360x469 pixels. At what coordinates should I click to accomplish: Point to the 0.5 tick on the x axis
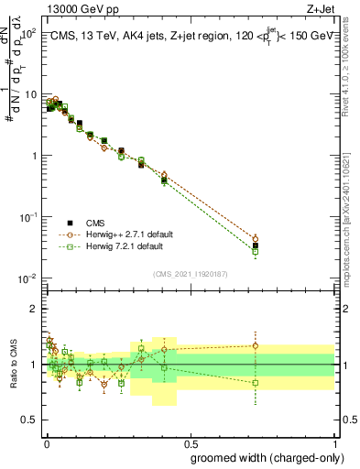191,443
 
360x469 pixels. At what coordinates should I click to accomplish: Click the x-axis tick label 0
46,443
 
